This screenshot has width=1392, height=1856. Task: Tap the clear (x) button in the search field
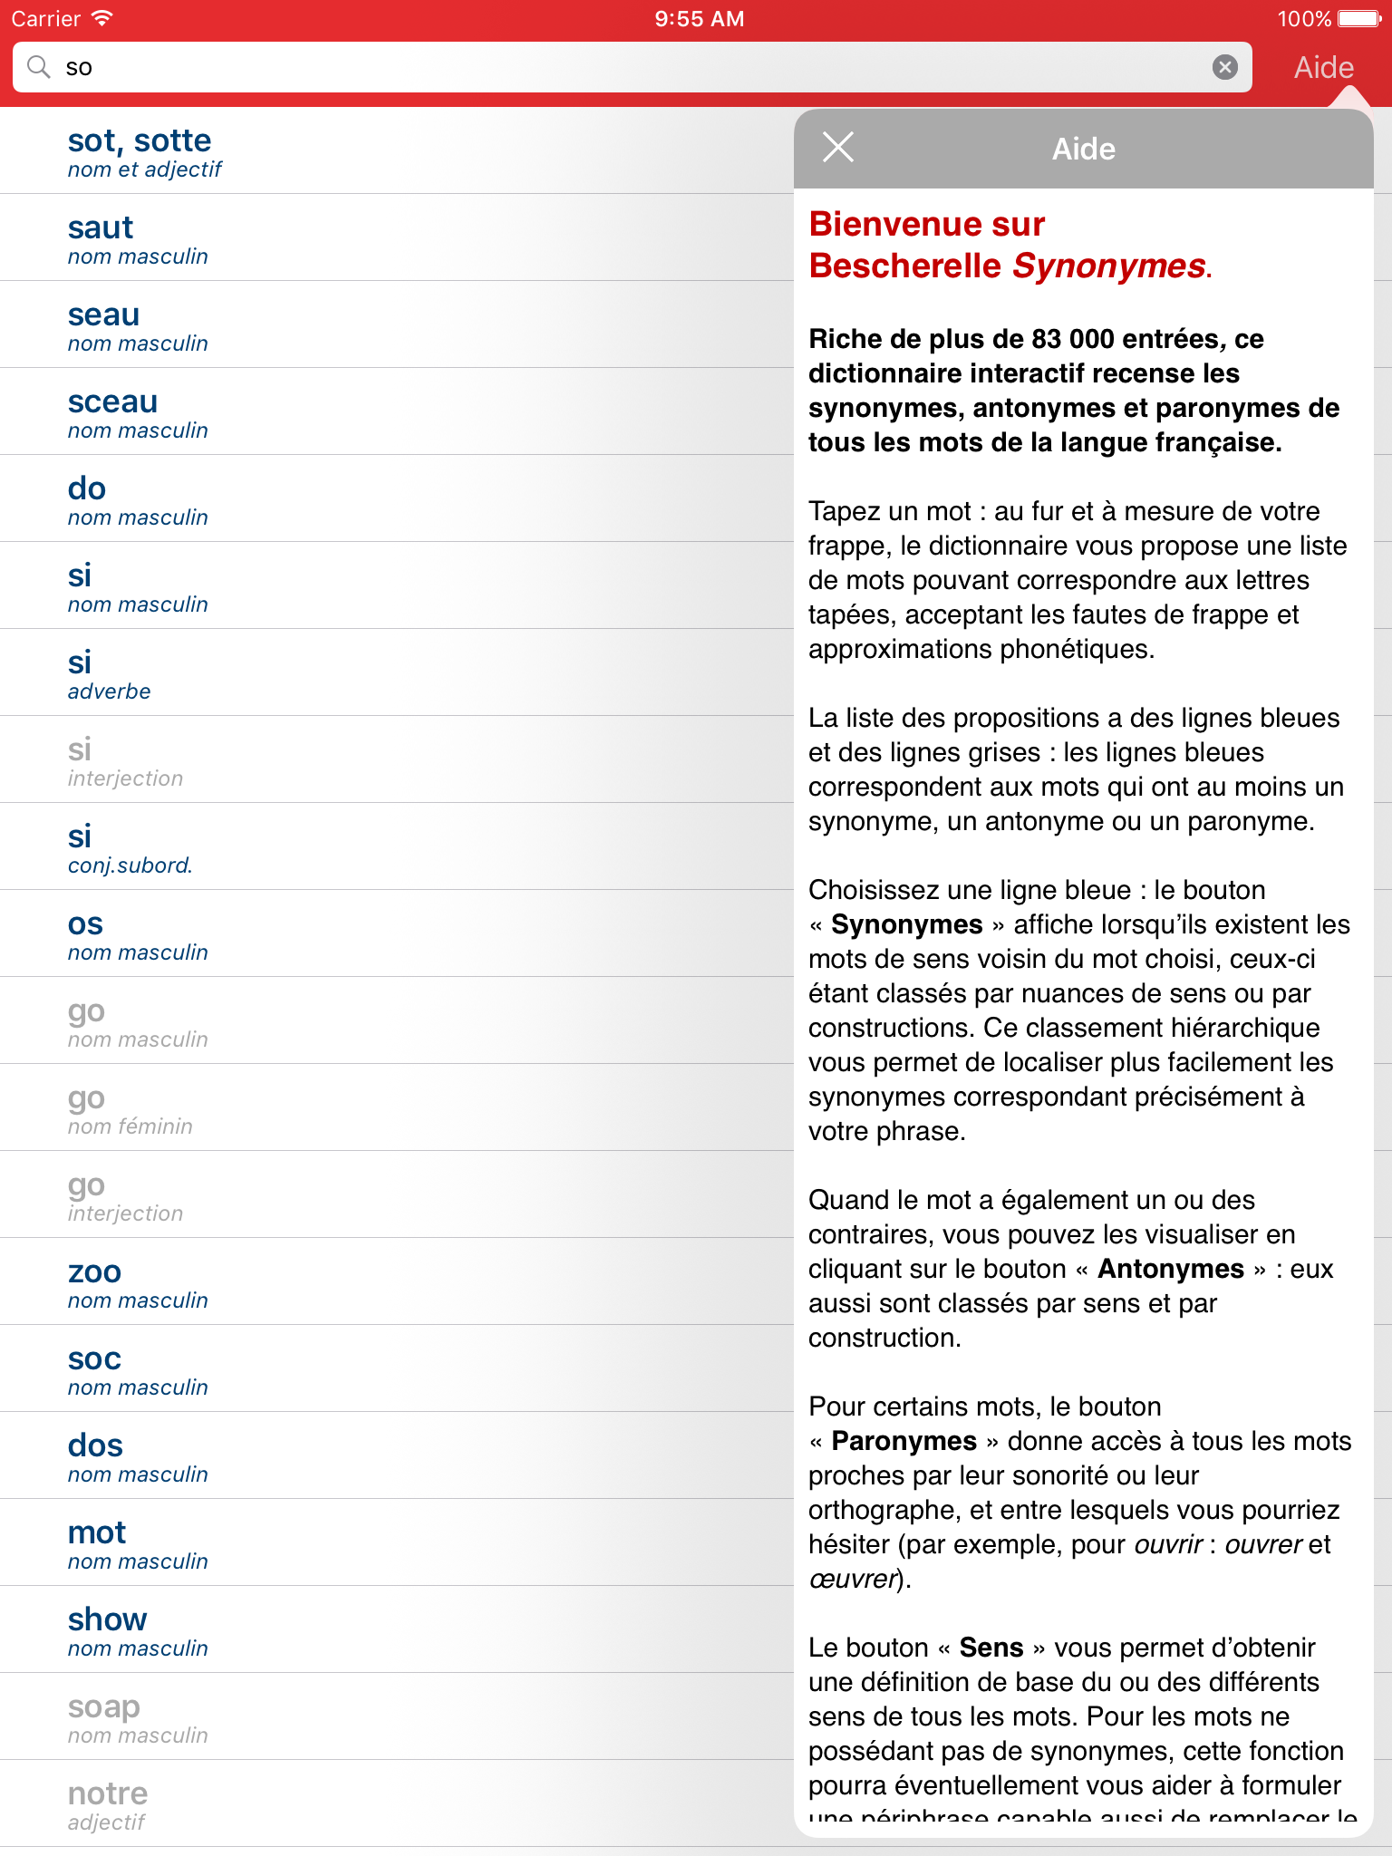point(1224,67)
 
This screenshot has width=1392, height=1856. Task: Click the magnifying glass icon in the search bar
point(39,67)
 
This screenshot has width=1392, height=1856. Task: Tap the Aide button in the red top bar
point(1323,68)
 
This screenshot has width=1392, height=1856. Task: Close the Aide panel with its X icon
point(838,147)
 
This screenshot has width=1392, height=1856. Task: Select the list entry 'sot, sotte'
point(140,150)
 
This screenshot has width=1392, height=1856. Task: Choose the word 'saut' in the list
point(101,237)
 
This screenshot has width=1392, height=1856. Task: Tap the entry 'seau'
point(103,324)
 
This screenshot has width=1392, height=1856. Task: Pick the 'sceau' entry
point(112,411)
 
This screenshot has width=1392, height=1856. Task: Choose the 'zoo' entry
point(94,1281)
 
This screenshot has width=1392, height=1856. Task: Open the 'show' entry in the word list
point(107,1629)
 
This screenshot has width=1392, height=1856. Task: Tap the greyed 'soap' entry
point(103,1716)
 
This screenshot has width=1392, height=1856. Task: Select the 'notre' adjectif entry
point(107,1803)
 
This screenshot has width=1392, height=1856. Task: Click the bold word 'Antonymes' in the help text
point(1170,1269)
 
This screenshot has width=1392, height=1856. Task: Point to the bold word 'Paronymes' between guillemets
point(904,1441)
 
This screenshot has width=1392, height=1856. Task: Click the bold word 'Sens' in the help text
point(991,1648)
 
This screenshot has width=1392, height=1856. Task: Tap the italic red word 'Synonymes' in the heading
point(1108,266)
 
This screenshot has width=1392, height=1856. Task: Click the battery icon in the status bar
point(1358,18)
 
